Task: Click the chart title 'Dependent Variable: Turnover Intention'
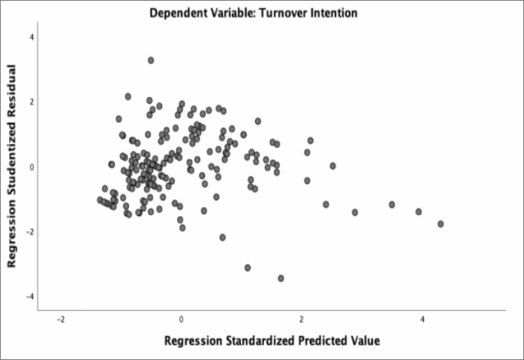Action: coord(258,13)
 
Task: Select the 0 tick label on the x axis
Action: coord(181,320)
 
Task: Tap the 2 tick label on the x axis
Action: coord(302,320)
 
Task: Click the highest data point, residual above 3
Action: coord(151,61)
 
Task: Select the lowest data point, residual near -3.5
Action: coord(281,278)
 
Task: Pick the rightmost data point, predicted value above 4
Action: coord(440,224)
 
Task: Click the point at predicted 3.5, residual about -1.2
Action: coord(392,205)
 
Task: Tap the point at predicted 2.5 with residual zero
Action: coord(332,166)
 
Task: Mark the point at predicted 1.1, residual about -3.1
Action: coord(247,267)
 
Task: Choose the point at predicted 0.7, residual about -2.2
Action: coord(222,237)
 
